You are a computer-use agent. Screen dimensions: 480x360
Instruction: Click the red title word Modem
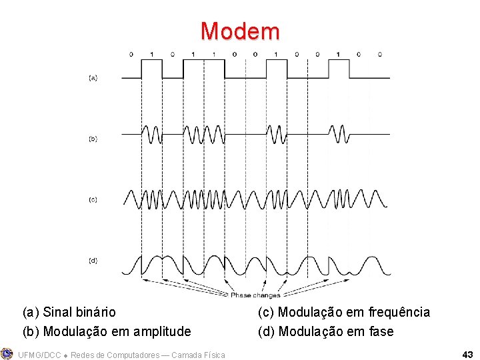tap(240, 31)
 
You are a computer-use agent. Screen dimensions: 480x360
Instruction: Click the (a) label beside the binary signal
tap(93, 78)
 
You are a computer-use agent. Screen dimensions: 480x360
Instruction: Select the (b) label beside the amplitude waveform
tap(93, 139)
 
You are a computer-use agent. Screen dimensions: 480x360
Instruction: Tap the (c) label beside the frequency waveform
tap(93, 199)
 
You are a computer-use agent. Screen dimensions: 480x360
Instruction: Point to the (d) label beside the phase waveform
tap(93, 260)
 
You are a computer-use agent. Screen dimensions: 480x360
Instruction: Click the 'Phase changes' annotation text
tap(255, 295)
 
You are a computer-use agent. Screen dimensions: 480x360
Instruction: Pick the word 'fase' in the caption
tap(381, 331)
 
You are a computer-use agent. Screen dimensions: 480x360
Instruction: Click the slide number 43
tap(467, 354)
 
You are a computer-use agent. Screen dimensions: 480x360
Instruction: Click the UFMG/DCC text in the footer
tap(40, 355)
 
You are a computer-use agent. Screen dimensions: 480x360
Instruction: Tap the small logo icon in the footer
tap(7, 353)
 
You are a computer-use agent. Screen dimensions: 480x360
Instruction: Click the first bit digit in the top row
tap(131, 53)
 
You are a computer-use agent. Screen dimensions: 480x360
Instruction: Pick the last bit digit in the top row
tap(379, 53)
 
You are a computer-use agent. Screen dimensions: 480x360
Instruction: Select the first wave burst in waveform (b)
tap(151, 134)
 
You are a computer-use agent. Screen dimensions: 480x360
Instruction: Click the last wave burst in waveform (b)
tap(338, 134)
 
